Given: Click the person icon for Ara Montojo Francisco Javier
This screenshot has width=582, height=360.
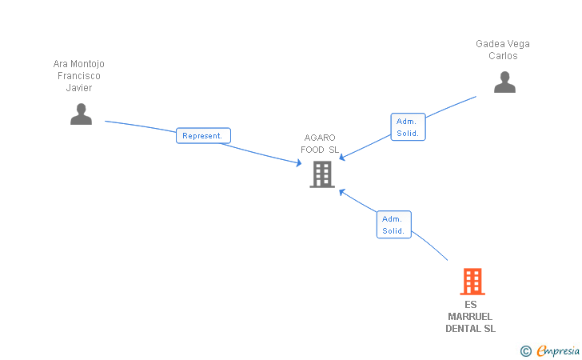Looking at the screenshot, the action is [81, 114].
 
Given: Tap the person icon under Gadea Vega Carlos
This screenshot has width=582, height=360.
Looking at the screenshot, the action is [504, 82].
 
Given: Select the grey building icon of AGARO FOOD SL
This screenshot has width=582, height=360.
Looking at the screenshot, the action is [322, 174].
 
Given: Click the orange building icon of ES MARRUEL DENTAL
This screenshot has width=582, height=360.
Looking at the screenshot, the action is [472, 282].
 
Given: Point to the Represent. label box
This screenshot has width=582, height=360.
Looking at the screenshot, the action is [203, 135].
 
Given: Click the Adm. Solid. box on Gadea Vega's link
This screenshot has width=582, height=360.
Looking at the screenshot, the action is [408, 127].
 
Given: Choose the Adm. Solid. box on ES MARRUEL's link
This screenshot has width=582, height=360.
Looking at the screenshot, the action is [393, 225].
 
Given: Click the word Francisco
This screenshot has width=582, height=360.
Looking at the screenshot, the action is [79, 76].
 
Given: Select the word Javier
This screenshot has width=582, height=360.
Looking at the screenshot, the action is [79, 88].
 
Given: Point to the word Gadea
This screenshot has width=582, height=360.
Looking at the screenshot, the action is [488, 44].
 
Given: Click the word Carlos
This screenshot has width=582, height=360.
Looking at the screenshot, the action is [503, 56].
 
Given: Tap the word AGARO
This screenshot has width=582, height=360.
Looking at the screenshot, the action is [319, 138].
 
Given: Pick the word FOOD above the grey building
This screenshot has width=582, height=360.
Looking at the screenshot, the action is [313, 150].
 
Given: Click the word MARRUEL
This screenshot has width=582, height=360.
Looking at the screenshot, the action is [470, 317].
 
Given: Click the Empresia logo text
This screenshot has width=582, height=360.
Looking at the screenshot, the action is [559, 350].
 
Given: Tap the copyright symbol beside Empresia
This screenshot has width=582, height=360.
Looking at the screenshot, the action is [525, 350].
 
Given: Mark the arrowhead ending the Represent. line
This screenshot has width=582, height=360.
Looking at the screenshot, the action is [298, 164].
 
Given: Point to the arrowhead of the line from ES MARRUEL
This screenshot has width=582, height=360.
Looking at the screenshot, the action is [341, 192].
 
